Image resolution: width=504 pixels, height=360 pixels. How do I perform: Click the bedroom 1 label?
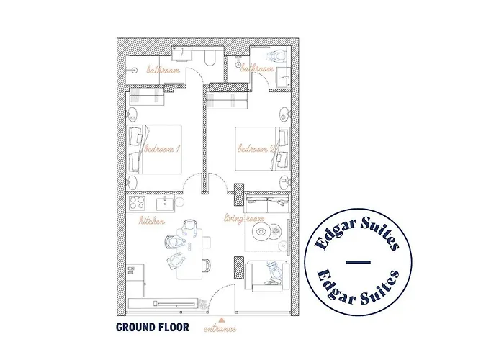[x=162, y=149]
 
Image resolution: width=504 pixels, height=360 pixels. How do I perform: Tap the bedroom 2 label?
[x=256, y=149]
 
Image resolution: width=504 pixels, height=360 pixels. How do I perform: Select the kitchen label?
[x=152, y=221]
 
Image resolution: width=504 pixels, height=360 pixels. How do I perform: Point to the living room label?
[x=244, y=219]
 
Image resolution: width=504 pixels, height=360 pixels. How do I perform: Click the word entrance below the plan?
[x=220, y=329]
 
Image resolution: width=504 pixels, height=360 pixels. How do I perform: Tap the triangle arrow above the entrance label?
[x=221, y=320]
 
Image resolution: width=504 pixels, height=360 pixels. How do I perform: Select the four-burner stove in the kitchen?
[x=136, y=203]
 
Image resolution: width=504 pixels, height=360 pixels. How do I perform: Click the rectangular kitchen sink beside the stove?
[x=165, y=204]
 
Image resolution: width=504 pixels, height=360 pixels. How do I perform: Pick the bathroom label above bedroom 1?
[x=163, y=70]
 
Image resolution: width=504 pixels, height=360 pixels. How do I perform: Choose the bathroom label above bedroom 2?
[x=256, y=68]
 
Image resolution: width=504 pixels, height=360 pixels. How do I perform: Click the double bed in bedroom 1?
[x=155, y=150]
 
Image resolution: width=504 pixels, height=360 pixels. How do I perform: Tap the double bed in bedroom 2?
[x=262, y=149]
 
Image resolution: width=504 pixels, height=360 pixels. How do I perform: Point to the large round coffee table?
[x=261, y=232]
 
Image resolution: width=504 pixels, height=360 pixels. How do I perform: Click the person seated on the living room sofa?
[x=274, y=273]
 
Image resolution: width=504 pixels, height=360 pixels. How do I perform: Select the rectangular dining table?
[x=189, y=252]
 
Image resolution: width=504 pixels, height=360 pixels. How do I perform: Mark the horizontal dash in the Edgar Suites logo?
[x=358, y=262]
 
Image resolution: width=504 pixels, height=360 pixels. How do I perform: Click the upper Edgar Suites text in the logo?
[x=357, y=232]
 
